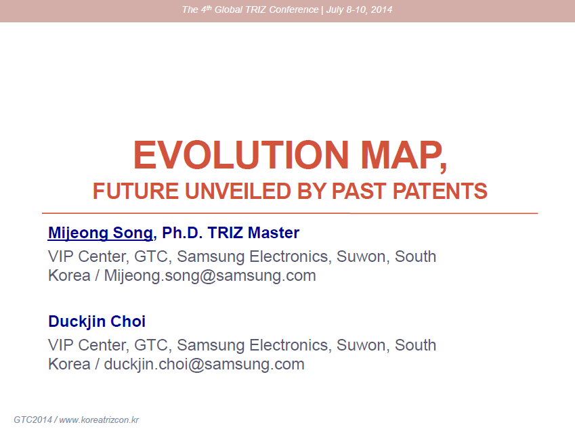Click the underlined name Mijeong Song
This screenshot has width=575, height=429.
click(100, 233)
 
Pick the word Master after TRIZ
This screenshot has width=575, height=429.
click(273, 233)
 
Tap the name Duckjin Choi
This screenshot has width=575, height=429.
click(97, 321)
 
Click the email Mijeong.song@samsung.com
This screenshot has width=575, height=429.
click(210, 276)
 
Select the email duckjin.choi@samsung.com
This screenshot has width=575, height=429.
click(205, 365)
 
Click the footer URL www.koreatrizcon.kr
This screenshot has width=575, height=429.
click(99, 420)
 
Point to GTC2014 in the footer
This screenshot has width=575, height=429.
click(33, 420)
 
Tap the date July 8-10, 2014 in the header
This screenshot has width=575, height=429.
click(359, 9)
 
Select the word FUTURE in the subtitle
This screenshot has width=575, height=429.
click(135, 191)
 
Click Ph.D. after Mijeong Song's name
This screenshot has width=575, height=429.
click(182, 233)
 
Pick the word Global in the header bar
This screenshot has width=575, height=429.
click(228, 9)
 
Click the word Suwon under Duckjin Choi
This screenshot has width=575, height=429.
click(361, 345)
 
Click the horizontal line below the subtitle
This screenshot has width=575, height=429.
click(290, 213)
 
